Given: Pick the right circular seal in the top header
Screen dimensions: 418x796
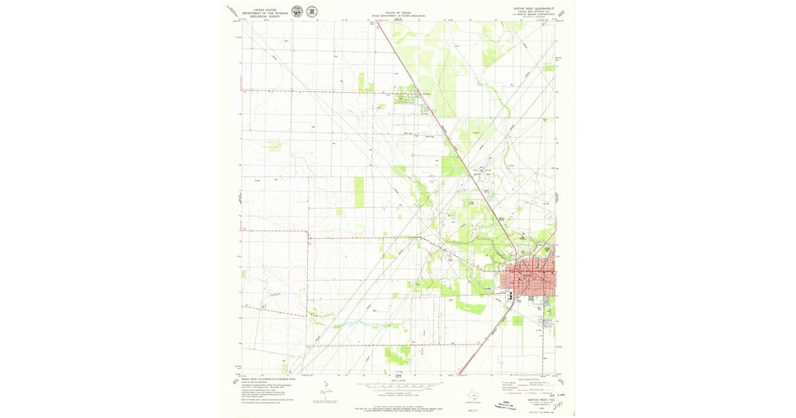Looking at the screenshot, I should tap(311, 11).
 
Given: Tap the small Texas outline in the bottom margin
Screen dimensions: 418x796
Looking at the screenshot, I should tap(472, 393).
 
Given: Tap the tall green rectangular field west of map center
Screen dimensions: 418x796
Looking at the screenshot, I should tap(360, 192).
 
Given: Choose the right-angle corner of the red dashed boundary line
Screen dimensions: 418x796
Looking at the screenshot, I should tap(308, 233).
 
